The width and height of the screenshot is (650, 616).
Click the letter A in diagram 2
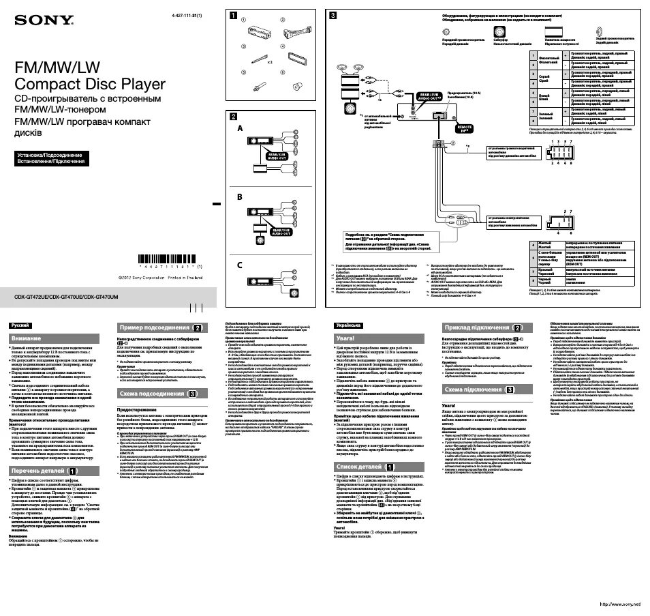239,128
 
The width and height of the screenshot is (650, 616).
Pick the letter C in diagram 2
239,264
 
